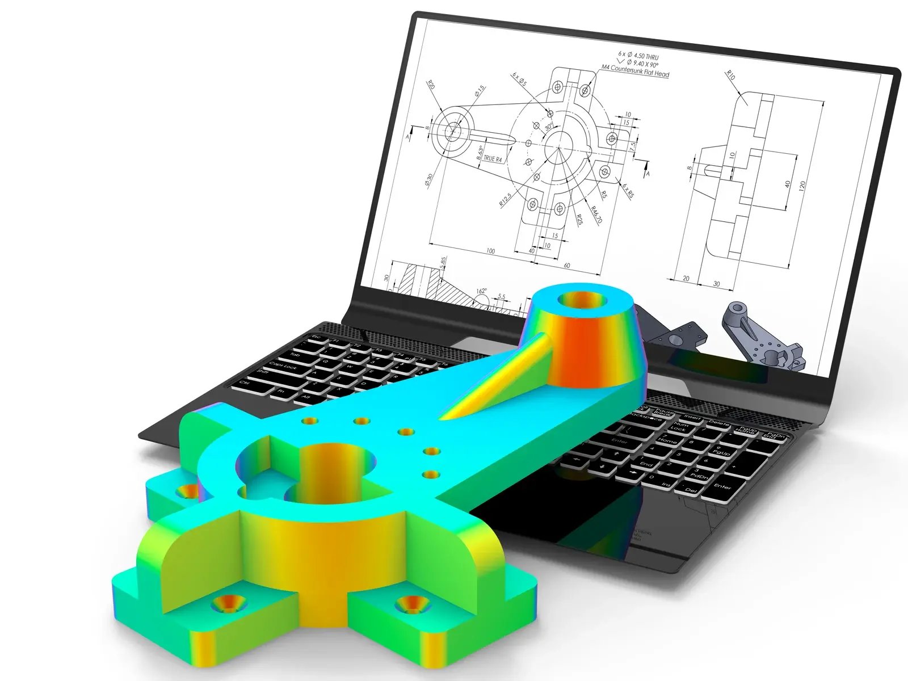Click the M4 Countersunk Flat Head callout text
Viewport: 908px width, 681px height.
[636, 72]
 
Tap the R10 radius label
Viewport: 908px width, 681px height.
[731, 75]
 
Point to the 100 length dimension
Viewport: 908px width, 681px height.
[490, 250]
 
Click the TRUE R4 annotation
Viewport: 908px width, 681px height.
[493, 159]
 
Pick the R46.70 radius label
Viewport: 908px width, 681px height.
[596, 215]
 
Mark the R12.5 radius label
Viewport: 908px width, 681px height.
[505, 199]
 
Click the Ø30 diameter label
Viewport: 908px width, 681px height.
[429, 180]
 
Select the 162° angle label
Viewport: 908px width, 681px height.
[481, 291]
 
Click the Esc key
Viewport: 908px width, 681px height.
[316, 338]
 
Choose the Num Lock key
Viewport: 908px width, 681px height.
[680, 427]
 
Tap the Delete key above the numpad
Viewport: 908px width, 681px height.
[719, 423]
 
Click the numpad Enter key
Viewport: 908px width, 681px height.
[722, 486]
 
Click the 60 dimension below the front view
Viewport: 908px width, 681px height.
[566, 265]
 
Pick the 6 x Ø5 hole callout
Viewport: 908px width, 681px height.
[519, 78]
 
